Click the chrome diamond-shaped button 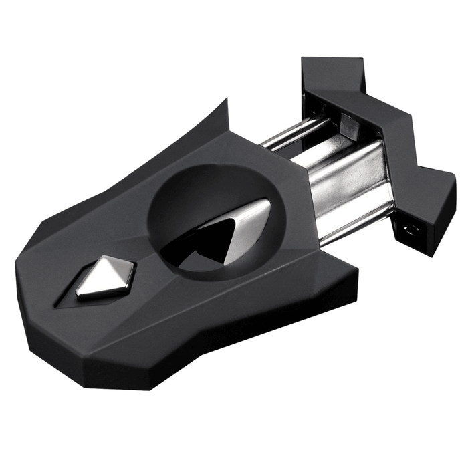click(106, 277)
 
